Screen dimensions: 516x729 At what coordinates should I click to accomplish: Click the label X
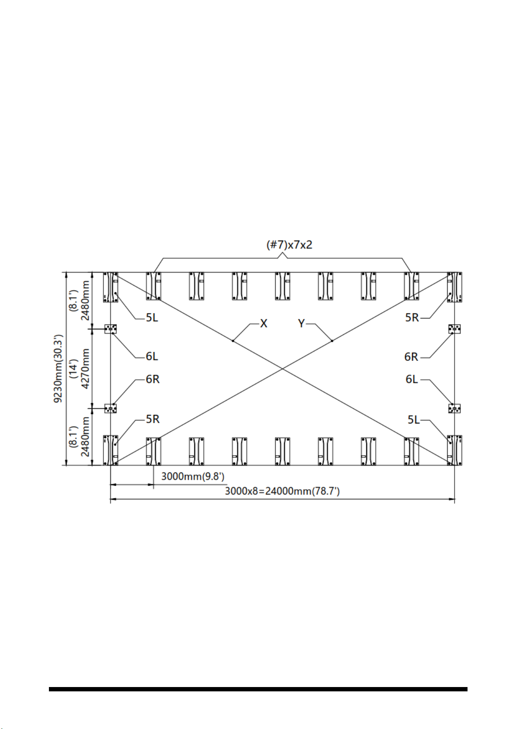click(264, 323)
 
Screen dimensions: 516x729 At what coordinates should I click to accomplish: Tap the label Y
click(301, 323)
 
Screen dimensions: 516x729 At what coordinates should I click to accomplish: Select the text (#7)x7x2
click(289, 245)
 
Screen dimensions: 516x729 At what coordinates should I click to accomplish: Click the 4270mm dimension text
click(85, 369)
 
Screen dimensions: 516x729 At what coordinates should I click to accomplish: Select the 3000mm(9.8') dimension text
click(193, 476)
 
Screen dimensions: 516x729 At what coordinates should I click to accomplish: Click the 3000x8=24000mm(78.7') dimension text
click(282, 491)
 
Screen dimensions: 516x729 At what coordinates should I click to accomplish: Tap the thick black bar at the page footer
click(258, 689)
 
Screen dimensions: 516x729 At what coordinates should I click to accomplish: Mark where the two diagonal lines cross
click(283, 369)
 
